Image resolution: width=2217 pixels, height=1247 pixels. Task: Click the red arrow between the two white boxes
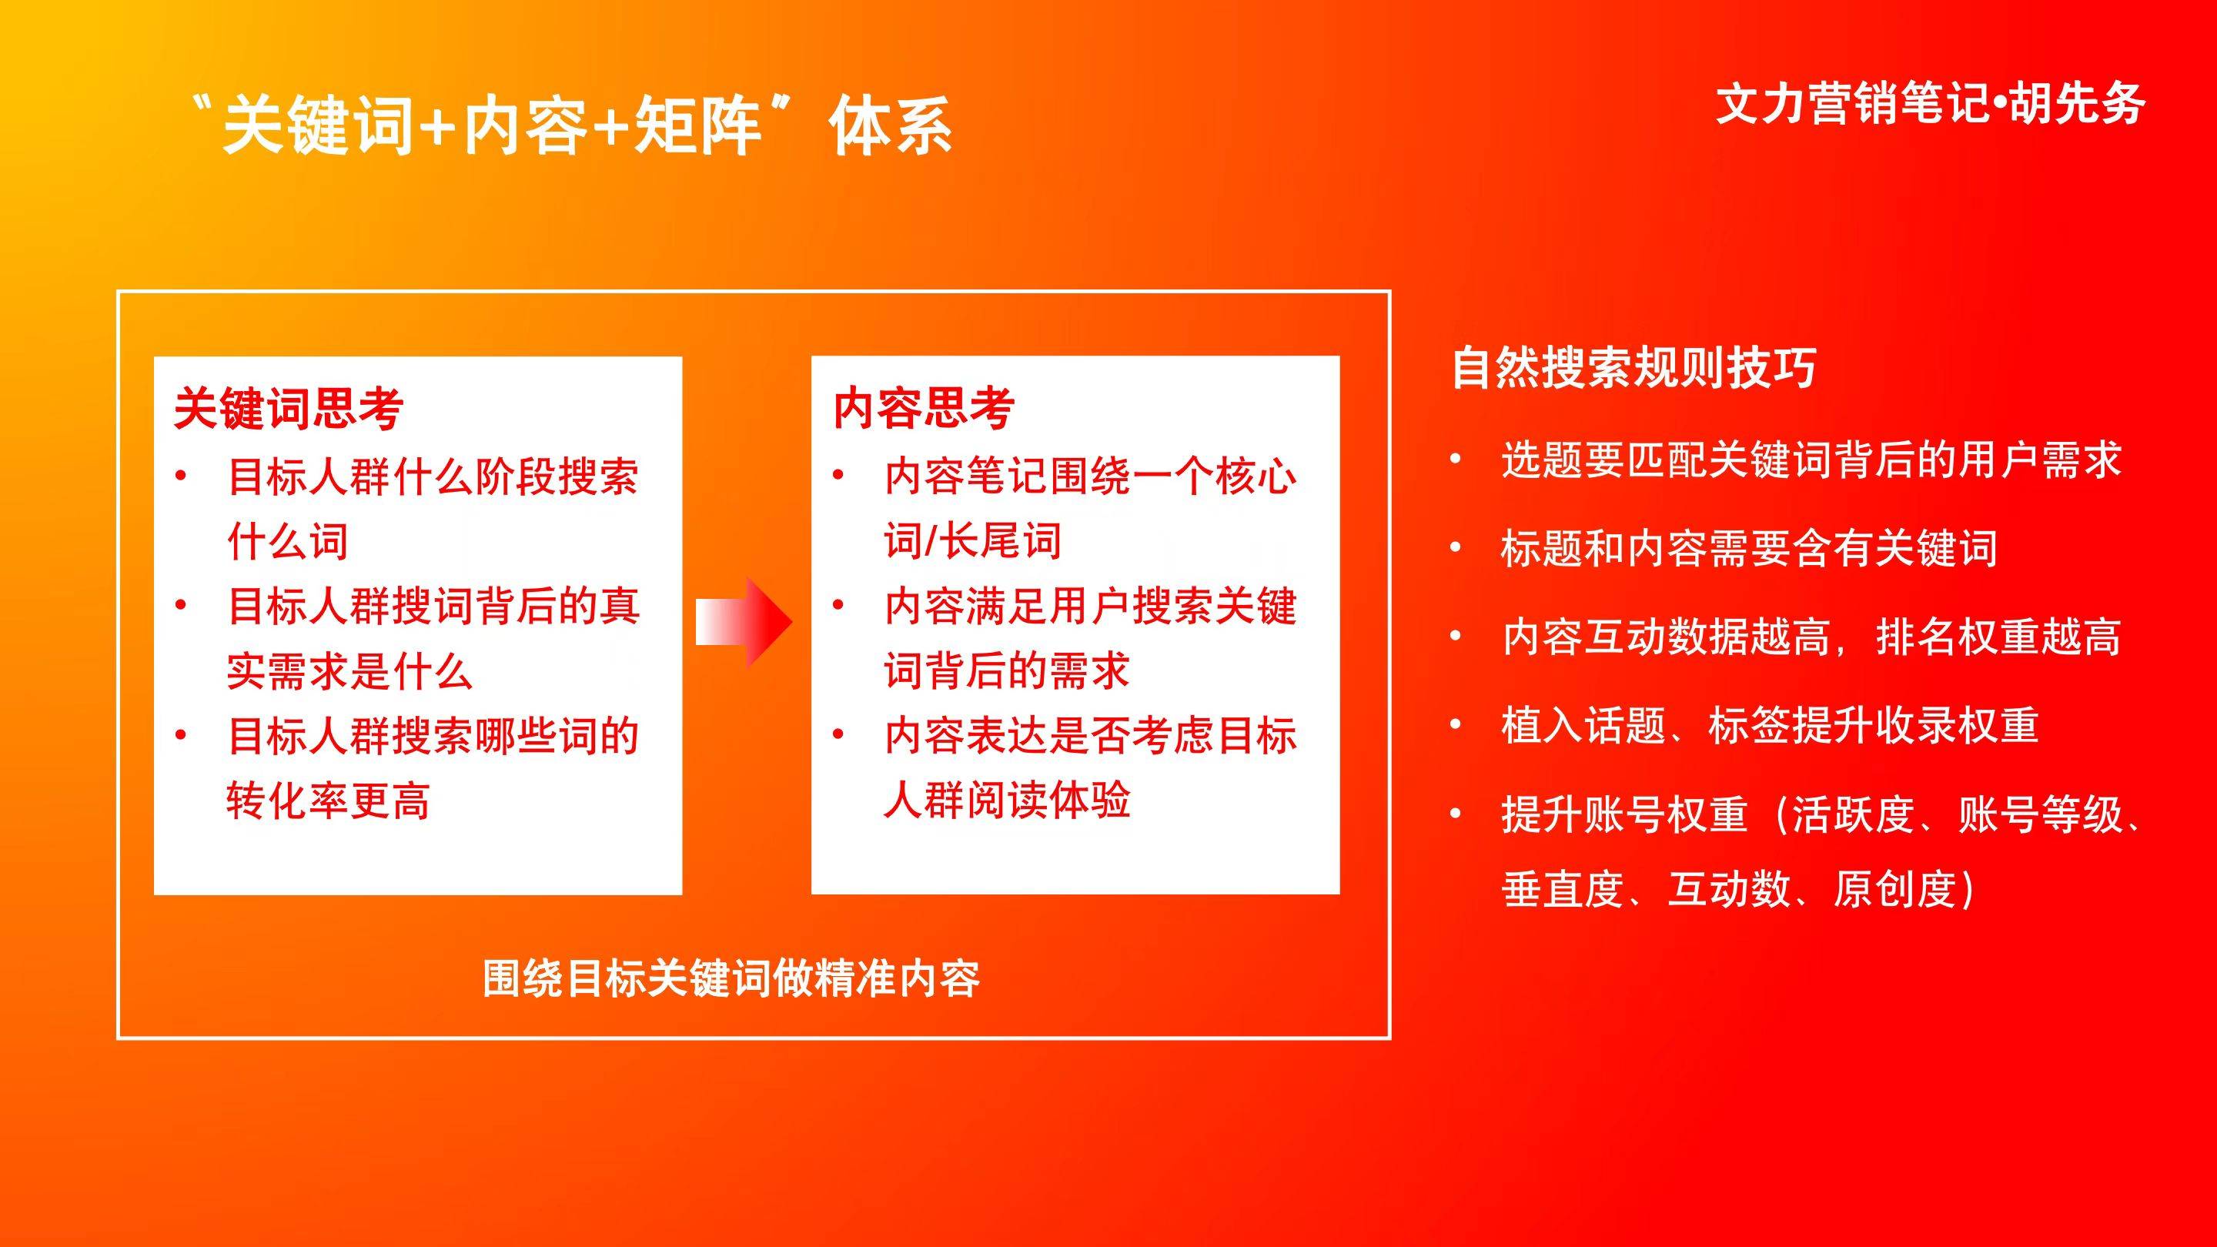click(744, 622)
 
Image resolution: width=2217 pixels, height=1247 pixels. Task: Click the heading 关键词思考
click(289, 408)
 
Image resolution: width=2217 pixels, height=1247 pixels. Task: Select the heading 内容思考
click(924, 408)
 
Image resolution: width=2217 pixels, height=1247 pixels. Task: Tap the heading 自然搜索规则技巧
click(1634, 369)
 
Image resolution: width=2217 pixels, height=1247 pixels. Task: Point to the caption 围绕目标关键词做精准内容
click(731, 978)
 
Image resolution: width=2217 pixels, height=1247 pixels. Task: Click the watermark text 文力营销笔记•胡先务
click(1931, 105)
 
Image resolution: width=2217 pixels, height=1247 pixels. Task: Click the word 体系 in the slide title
click(891, 125)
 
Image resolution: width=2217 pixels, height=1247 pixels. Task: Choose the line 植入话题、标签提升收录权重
click(1771, 724)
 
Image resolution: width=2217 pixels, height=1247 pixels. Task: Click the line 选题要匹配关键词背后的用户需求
click(1811, 460)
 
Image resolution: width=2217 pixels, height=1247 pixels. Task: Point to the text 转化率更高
click(328, 801)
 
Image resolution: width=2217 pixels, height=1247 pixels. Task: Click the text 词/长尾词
click(972, 541)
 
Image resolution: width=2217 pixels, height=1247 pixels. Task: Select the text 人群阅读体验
click(1007, 801)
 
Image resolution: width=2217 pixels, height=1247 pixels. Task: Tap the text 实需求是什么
click(349, 671)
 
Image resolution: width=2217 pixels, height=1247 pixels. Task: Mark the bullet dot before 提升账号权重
click(1456, 814)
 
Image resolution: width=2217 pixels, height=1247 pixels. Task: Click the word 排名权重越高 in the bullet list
click(1998, 637)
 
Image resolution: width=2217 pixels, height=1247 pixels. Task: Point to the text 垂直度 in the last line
click(1563, 889)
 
